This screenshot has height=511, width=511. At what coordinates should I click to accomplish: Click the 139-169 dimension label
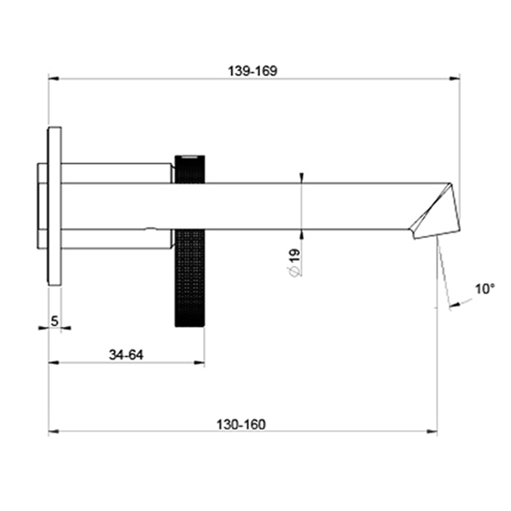point(252,70)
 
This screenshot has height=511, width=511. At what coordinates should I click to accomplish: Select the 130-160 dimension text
point(240,424)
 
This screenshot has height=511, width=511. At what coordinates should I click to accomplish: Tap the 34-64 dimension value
point(126,355)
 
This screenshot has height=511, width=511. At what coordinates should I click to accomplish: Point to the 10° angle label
point(485,289)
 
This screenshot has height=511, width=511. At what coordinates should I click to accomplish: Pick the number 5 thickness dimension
point(55,320)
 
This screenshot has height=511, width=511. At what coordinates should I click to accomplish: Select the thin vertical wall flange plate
point(55,206)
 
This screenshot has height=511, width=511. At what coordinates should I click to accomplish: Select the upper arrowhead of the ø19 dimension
point(301,177)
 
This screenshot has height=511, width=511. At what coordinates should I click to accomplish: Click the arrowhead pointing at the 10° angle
point(453,305)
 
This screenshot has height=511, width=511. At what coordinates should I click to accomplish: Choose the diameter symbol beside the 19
point(294,272)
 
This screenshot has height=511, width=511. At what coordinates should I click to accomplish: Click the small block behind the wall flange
point(42,206)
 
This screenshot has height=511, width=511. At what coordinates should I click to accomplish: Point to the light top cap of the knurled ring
point(189,158)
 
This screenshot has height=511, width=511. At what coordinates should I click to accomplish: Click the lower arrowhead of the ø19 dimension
point(301,234)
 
